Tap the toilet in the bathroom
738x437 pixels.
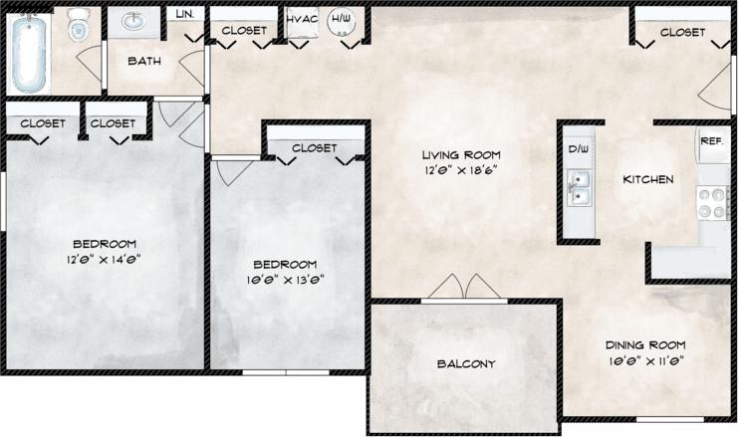(x=79, y=28)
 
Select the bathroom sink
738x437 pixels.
(x=133, y=22)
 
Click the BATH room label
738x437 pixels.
(x=144, y=62)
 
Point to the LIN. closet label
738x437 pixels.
(x=185, y=14)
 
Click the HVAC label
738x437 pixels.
(x=302, y=19)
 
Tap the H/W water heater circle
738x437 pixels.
(x=342, y=21)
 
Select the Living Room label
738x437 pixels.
(x=460, y=154)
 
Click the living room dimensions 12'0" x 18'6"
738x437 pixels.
(x=460, y=170)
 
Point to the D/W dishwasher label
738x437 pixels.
(x=579, y=149)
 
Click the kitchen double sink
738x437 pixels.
(x=579, y=185)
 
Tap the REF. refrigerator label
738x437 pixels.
(x=711, y=142)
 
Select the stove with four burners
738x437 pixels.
(x=712, y=203)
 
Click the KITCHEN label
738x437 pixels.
(x=648, y=180)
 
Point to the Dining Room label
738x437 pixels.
(x=646, y=344)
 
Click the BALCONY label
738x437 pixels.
(x=466, y=363)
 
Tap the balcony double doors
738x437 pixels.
(x=465, y=288)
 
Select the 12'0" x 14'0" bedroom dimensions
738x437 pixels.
(x=104, y=260)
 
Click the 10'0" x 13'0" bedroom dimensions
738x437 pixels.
(x=285, y=280)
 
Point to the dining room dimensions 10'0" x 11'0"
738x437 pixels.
(x=646, y=360)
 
